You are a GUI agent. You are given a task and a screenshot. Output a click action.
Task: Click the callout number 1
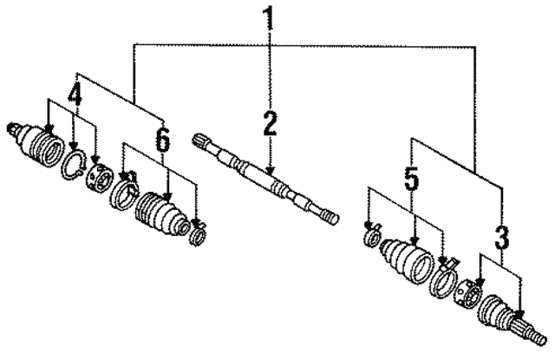[270, 17]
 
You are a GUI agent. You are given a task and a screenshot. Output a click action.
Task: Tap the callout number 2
[270, 123]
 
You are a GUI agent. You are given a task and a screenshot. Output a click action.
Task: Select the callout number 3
[501, 236]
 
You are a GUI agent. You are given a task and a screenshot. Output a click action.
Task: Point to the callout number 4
[75, 93]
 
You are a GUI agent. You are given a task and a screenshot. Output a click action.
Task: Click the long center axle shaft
[266, 178]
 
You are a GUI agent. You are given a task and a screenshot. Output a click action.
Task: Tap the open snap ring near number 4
[74, 164]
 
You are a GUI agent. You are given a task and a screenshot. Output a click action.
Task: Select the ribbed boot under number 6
[161, 213]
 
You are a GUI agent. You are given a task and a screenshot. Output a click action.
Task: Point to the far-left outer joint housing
[36, 144]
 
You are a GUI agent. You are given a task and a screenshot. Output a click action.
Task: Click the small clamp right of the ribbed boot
[198, 233]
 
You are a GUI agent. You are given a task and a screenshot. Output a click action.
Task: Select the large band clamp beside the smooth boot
[443, 278]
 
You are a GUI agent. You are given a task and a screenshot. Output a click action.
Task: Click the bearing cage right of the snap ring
[100, 177]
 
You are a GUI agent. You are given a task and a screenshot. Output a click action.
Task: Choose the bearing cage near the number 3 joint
[468, 295]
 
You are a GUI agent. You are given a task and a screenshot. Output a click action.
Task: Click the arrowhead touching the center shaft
[270, 172]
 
